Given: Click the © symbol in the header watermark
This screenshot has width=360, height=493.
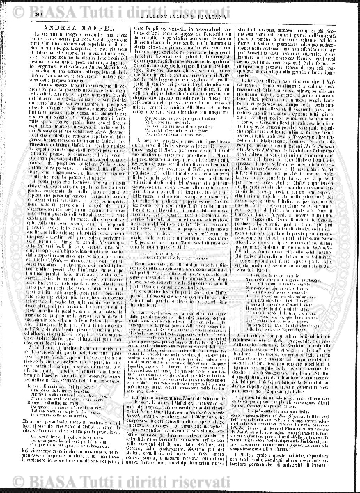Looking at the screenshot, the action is point(9,5).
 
